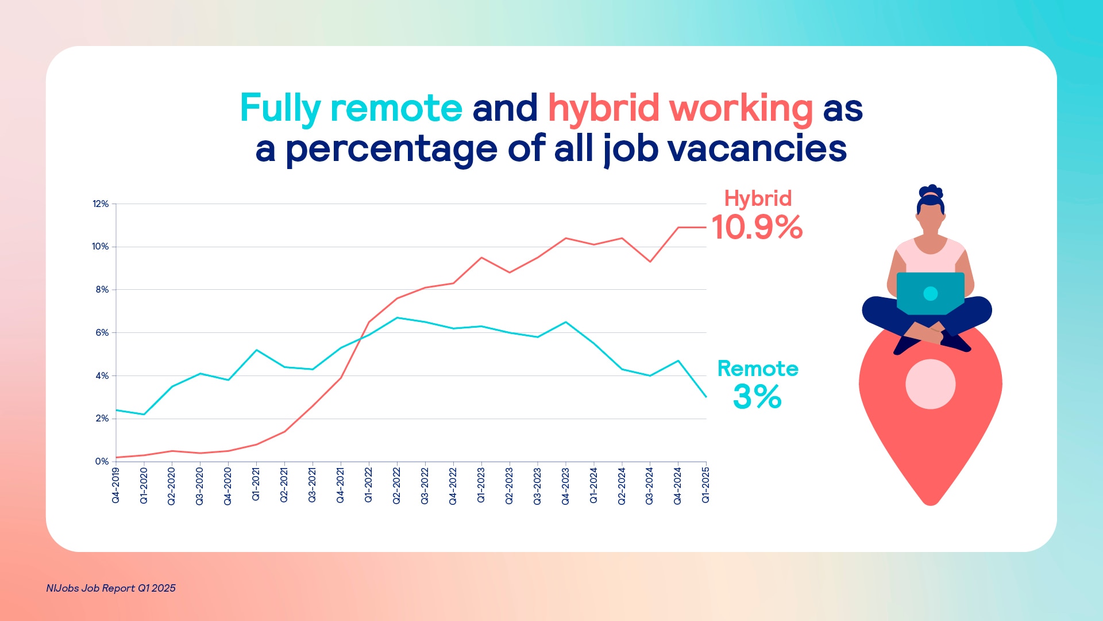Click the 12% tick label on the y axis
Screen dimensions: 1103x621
[101, 204]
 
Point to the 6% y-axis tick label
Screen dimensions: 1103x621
[102, 333]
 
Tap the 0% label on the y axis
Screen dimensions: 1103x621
[102, 462]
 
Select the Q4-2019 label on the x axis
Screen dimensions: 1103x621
[115, 486]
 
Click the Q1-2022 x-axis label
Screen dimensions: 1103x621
[368, 486]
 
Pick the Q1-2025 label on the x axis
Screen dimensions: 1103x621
[705, 486]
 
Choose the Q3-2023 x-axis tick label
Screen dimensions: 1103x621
[537, 486]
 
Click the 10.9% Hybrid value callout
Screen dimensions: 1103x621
[757, 227]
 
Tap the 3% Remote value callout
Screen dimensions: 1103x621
[757, 397]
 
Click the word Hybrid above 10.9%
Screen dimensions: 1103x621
[758, 199]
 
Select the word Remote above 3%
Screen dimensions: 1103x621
[758, 369]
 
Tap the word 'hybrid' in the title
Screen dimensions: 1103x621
[603, 109]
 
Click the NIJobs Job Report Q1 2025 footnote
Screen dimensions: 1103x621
[111, 588]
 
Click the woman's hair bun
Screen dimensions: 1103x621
[931, 192]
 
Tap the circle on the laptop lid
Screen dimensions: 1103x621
[931, 294]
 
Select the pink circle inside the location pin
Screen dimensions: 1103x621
[931, 384]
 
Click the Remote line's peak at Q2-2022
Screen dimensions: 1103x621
[397, 317]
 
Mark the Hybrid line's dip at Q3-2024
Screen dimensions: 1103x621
[650, 262]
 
